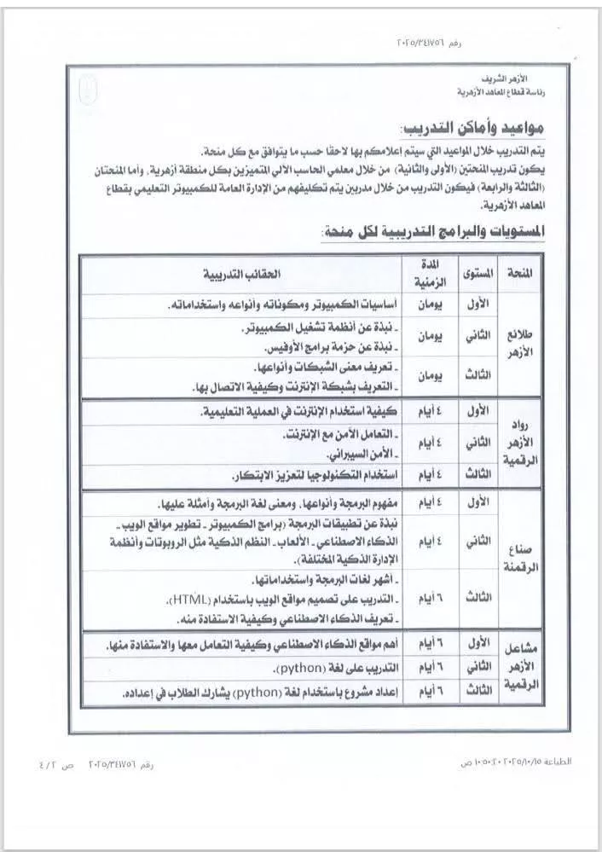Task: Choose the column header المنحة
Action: [x=519, y=275]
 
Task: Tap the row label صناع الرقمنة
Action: [x=519, y=558]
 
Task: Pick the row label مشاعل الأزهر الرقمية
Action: [x=519, y=665]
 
